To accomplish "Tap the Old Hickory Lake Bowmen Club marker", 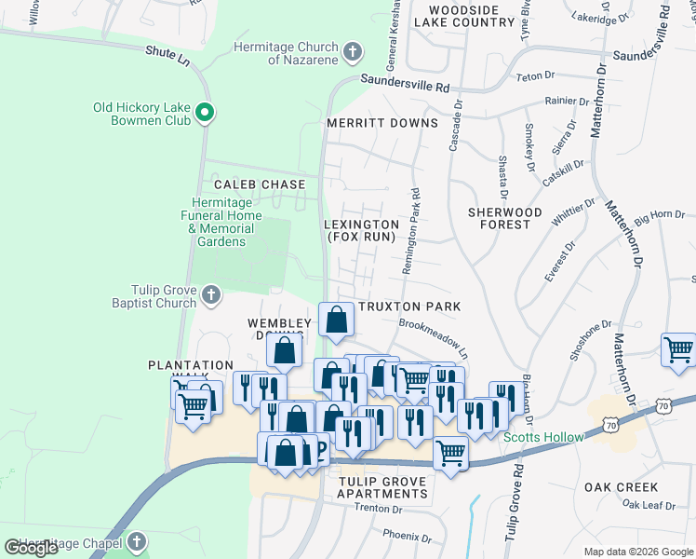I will tap(206, 115).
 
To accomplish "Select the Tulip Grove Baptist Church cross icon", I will tap(211, 295).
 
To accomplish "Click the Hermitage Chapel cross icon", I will tap(137, 542).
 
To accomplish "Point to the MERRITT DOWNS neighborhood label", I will tap(381, 123).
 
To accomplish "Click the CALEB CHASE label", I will tap(260, 184).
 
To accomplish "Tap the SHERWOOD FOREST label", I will tap(504, 218).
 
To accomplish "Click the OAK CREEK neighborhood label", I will tap(622, 487).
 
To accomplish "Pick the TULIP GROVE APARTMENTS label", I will tap(382, 487).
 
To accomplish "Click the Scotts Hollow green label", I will tap(543, 437).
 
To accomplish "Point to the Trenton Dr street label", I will tap(382, 510).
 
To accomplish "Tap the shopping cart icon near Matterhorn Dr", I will tap(678, 349).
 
